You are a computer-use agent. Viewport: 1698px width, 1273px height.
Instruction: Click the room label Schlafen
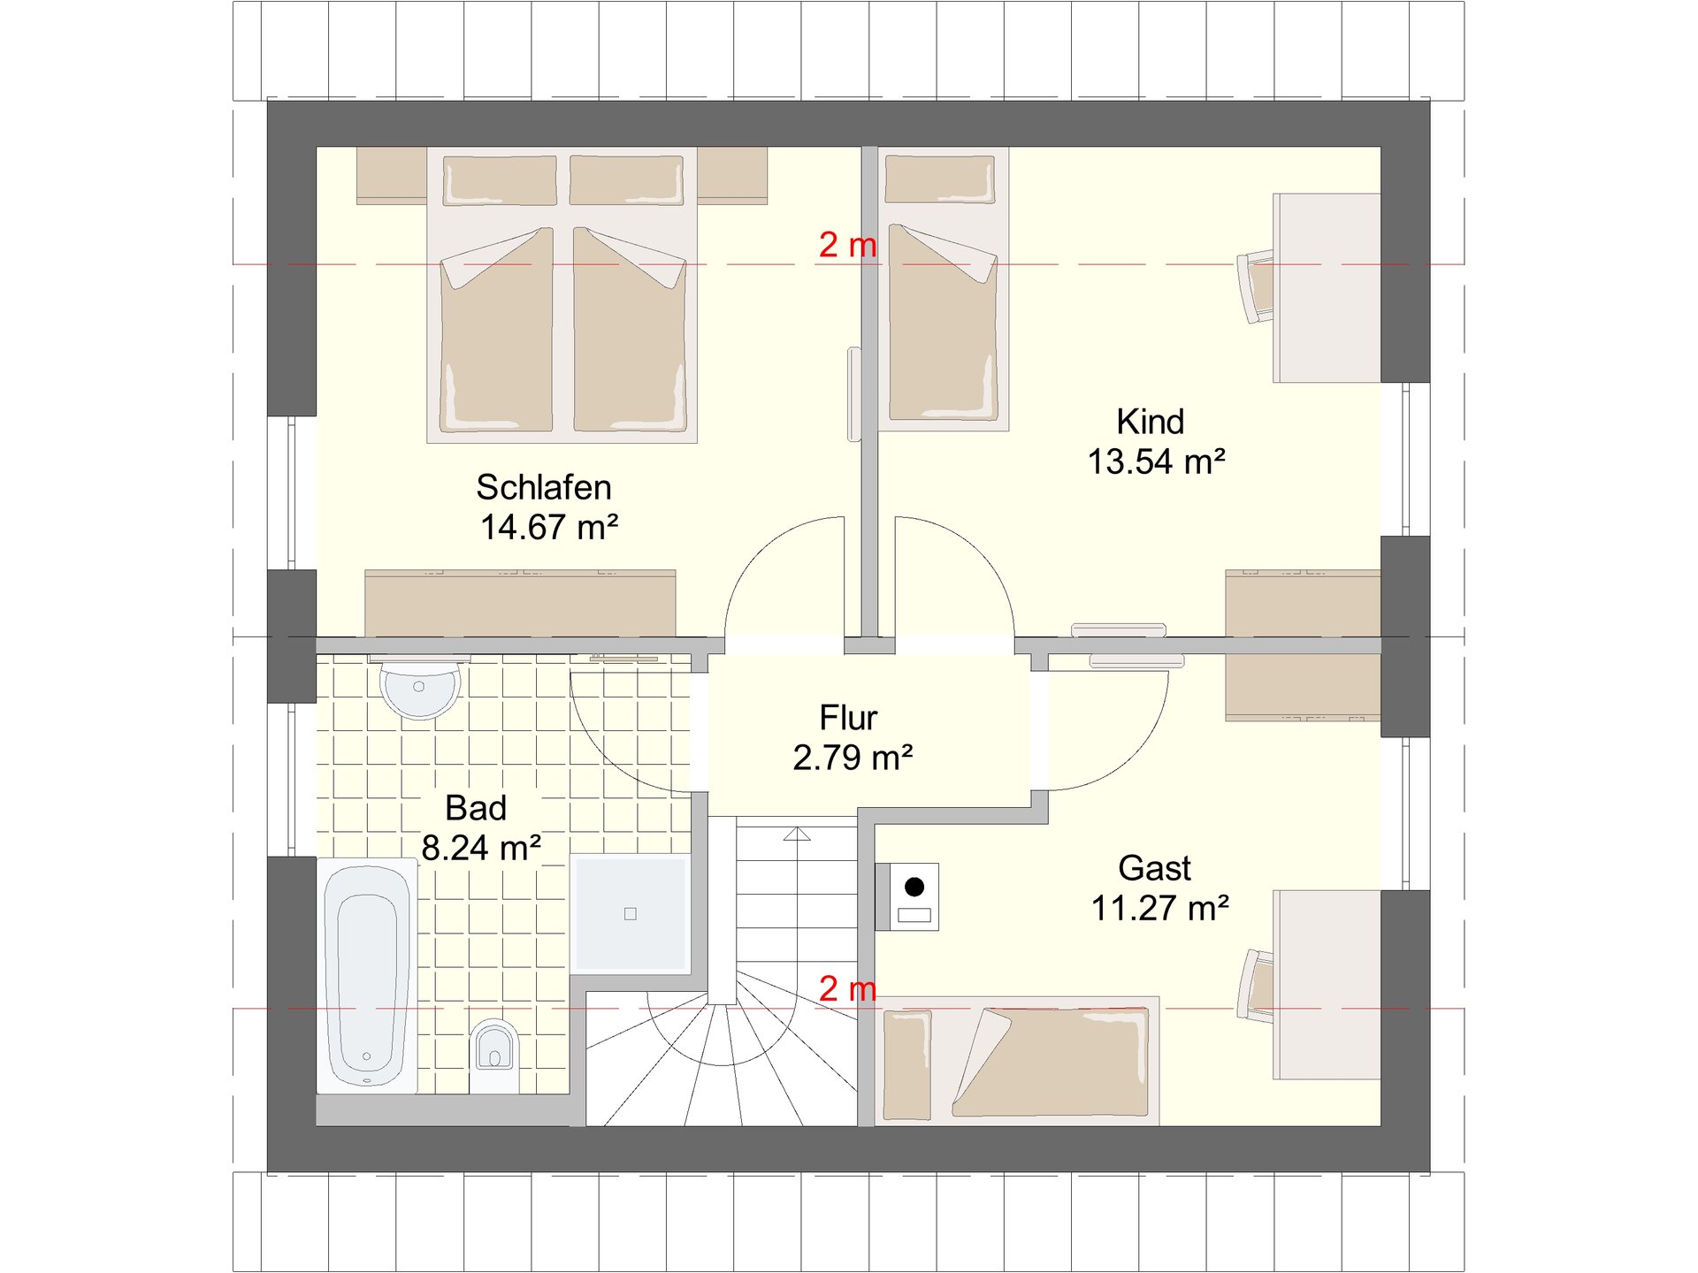click(544, 487)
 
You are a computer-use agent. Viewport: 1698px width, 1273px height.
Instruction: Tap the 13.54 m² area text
click(1157, 461)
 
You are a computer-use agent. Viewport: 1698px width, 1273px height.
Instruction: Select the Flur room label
click(848, 718)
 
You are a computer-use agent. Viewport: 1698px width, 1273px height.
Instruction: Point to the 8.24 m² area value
click(481, 848)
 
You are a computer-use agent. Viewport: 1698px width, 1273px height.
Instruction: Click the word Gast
click(1154, 868)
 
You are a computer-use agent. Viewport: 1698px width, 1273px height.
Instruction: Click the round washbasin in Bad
click(419, 690)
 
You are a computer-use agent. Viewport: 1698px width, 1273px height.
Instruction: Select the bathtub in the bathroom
click(367, 976)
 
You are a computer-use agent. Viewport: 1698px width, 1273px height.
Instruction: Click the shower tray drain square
click(631, 914)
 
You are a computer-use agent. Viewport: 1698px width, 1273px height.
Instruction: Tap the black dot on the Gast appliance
click(914, 886)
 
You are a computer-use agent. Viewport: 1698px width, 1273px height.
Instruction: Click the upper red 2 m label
click(848, 245)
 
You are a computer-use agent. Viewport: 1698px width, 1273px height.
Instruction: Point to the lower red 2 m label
click(848, 989)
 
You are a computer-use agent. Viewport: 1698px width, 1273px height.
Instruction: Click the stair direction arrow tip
click(797, 828)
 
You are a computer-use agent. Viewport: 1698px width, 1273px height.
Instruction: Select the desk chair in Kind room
click(1256, 286)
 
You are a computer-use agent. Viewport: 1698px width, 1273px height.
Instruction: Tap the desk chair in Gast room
click(1256, 985)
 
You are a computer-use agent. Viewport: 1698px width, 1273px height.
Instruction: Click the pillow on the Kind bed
click(940, 179)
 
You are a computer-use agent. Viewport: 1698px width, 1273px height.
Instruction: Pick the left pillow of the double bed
click(500, 181)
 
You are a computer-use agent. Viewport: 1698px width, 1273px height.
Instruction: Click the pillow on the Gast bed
click(907, 1065)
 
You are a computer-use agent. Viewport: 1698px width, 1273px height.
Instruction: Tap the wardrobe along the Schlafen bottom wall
click(520, 604)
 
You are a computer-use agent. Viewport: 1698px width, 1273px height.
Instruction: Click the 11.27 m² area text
click(1160, 908)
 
